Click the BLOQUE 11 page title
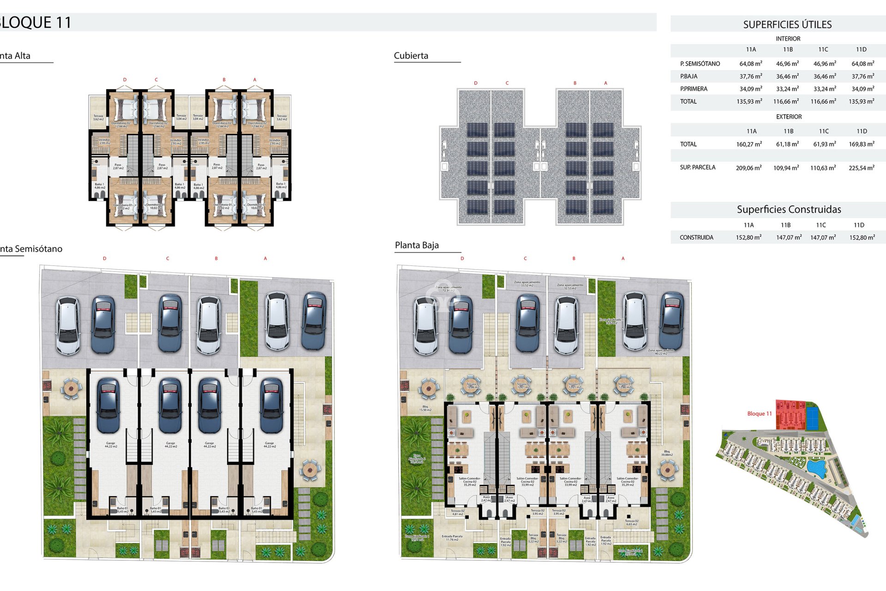[36, 23]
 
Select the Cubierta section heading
[411, 56]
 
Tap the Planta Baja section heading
[417, 245]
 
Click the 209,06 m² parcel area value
[748, 168]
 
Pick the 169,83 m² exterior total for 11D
[861, 144]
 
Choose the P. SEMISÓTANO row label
[700, 64]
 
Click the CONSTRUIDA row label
[696, 237]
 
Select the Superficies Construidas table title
[789, 210]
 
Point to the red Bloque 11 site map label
[759, 414]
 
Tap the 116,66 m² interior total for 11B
[786, 102]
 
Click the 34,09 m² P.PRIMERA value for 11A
[750, 89]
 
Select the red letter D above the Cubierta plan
[476, 83]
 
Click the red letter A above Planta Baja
[623, 259]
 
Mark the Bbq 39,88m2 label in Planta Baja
[667, 453]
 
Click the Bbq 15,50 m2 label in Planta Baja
[425, 408]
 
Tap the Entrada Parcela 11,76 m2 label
[452, 538]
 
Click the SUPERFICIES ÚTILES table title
[787, 24]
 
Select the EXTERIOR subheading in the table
[789, 117]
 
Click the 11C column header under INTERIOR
[823, 49]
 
